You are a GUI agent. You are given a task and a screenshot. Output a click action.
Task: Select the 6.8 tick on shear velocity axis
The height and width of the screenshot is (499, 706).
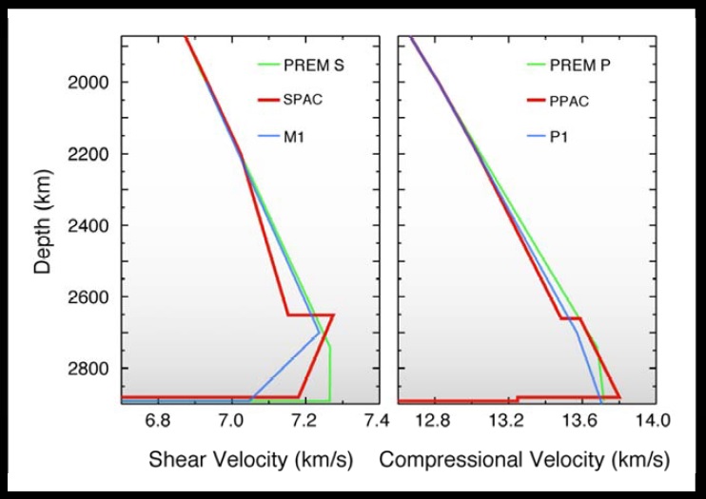(x=158, y=419)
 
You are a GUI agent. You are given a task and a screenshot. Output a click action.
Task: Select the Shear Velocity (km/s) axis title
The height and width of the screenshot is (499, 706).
(x=250, y=460)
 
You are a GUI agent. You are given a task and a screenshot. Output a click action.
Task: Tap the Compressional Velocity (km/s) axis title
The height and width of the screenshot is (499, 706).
(x=523, y=460)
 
